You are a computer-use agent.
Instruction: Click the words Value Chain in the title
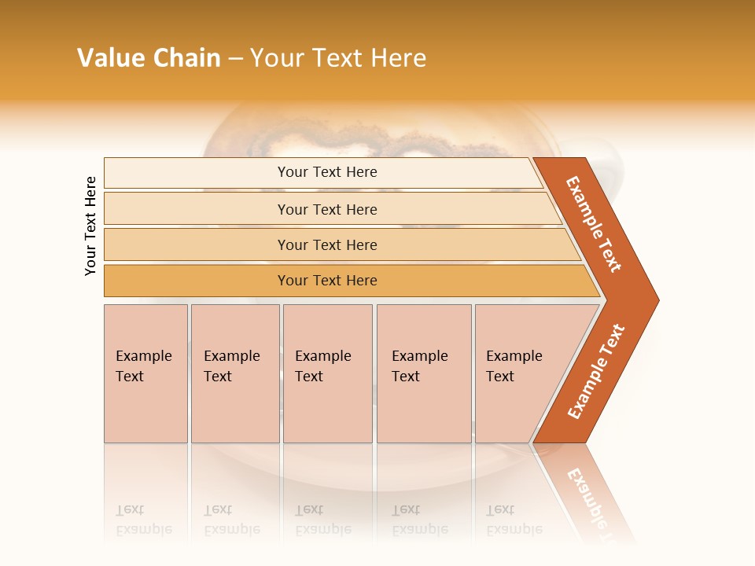(x=149, y=58)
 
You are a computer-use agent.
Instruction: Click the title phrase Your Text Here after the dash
(x=338, y=58)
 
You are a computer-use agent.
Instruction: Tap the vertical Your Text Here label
(x=90, y=226)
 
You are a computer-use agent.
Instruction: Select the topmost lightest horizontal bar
(x=197, y=173)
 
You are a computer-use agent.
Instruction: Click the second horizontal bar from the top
(x=197, y=209)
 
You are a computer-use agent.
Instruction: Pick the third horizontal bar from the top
(x=197, y=244)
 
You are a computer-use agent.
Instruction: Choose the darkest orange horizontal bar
(x=197, y=281)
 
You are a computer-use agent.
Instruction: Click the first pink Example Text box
(x=145, y=373)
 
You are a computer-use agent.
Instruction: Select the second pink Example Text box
(x=235, y=373)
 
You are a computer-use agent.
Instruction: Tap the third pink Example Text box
(x=327, y=373)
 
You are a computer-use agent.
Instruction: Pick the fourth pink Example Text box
(x=424, y=373)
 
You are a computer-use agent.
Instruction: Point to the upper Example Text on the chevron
(x=594, y=224)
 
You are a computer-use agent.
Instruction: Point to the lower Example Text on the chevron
(x=596, y=372)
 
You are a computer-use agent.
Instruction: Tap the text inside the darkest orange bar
(x=327, y=281)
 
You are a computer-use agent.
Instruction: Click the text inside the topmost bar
(x=327, y=172)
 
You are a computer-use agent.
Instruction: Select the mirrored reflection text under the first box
(x=144, y=520)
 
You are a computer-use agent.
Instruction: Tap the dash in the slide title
(x=235, y=59)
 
